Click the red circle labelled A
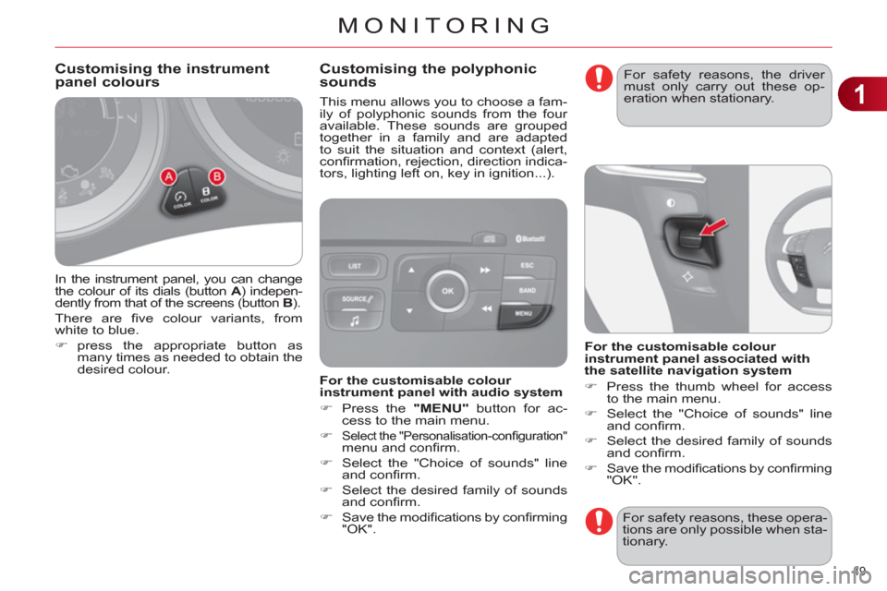click(168, 177)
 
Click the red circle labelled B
click(216, 176)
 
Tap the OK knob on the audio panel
click(447, 291)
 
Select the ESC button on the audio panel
click(528, 265)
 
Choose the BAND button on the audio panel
click(528, 290)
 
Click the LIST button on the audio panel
click(355, 266)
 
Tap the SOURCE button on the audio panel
click(354, 299)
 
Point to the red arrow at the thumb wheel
click(713, 227)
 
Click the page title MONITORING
click(444, 26)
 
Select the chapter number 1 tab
click(861, 94)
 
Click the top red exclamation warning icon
click(599, 78)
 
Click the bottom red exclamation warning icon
click(599, 521)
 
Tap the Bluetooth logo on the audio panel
click(530, 238)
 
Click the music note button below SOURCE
click(354, 321)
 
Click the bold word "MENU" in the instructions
click(442, 408)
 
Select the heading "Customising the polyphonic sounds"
click(428, 75)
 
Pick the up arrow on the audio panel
click(411, 270)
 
